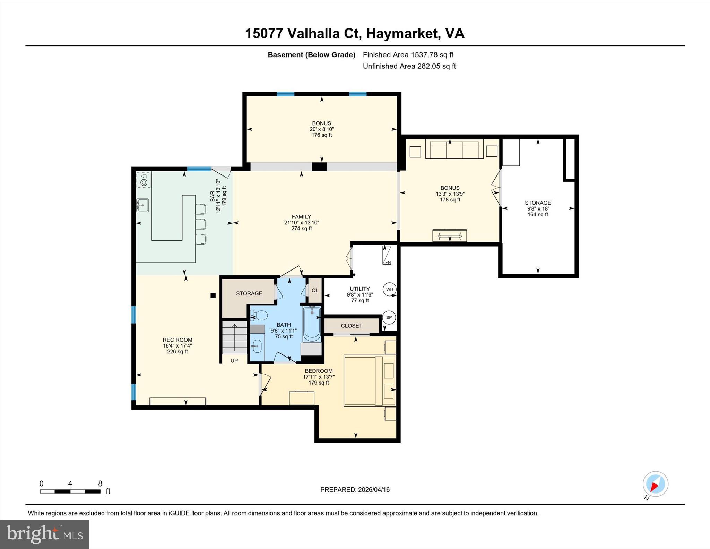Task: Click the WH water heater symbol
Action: click(390, 289)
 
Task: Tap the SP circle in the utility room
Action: click(389, 317)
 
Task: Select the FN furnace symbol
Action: click(387, 255)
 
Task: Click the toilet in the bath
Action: click(260, 316)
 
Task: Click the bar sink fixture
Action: click(142, 205)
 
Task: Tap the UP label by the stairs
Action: click(234, 361)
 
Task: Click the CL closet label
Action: click(315, 291)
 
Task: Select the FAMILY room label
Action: click(301, 217)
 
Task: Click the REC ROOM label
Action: click(177, 340)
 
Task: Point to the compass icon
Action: click(655, 484)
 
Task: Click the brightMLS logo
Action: click(44, 534)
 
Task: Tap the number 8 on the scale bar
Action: click(100, 483)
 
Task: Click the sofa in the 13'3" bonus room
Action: click(454, 149)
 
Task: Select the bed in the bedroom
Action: click(370, 380)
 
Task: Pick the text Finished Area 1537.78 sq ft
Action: click(408, 55)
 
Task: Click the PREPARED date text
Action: click(355, 490)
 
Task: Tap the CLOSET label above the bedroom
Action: click(351, 326)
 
